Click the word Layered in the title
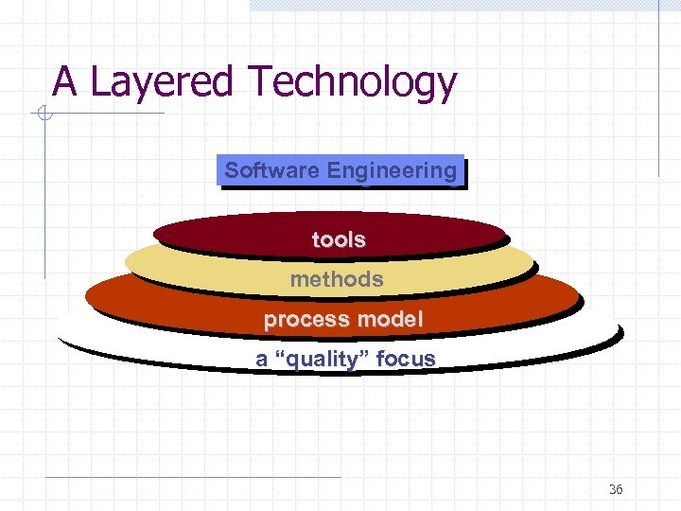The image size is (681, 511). [160, 82]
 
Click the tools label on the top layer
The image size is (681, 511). [339, 240]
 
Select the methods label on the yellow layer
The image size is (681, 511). [337, 279]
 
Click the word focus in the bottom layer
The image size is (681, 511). [406, 360]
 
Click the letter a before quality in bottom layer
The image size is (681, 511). [261, 360]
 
